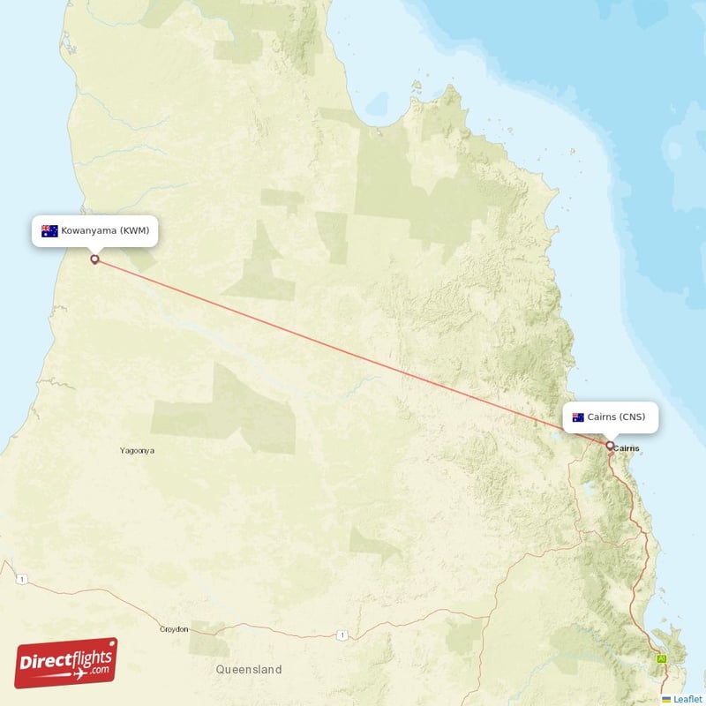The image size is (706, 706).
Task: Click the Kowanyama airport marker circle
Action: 94,259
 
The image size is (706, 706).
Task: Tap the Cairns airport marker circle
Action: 609,446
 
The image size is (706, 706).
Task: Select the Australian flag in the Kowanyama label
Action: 49,231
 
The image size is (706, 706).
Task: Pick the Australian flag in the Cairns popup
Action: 579,417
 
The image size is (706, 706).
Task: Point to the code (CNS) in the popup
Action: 633,417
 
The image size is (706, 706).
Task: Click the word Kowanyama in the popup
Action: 89,231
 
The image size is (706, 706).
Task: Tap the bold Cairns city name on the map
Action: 626,448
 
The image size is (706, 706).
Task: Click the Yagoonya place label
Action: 137,451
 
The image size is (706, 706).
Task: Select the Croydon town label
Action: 174,629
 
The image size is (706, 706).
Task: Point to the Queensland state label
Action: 249,670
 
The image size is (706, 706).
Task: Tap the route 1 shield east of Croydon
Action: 341,635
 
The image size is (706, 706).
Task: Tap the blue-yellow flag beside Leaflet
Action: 666,699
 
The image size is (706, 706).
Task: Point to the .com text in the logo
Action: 98,670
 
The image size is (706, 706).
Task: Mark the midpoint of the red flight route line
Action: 351,352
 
